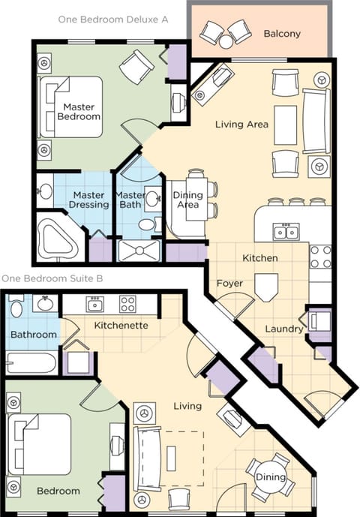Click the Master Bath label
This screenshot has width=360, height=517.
pyautogui.click(x=130, y=200)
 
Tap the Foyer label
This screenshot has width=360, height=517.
pyautogui.click(x=229, y=284)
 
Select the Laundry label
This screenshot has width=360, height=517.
pyautogui.click(x=284, y=329)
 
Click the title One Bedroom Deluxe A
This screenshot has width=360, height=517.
pyautogui.click(x=113, y=20)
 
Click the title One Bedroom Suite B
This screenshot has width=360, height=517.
pyautogui.click(x=52, y=278)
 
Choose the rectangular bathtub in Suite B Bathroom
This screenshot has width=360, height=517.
pyautogui.click(x=31, y=364)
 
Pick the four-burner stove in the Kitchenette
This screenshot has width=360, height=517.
pyautogui.click(x=128, y=305)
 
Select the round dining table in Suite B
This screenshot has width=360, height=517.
pyautogui.click(x=269, y=477)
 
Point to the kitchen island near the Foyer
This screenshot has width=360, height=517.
pyautogui.click(x=266, y=286)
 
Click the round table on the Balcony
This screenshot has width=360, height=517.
pyautogui.click(x=226, y=42)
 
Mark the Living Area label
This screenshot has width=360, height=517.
pyautogui.click(x=241, y=124)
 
